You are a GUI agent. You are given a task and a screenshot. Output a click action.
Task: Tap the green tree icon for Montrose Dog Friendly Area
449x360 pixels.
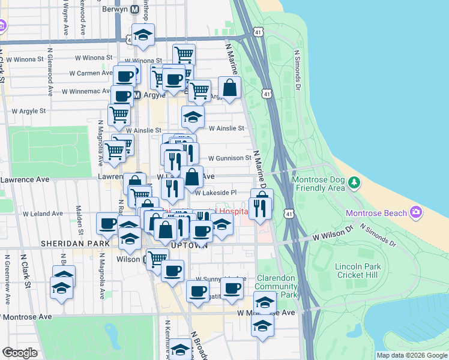[x=355, y=181]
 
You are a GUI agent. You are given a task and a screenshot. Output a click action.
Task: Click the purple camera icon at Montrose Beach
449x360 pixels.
[x=415, y=212]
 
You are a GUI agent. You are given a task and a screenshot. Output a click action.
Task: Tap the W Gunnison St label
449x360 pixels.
[x=229, y=158]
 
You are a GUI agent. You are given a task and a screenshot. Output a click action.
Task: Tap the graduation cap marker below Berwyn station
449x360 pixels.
[x=143, y=36]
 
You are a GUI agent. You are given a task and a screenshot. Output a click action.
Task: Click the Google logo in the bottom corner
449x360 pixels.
[x=19, y=352]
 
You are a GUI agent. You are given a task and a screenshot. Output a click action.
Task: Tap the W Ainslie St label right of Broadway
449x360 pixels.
[x=226, y=128]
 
